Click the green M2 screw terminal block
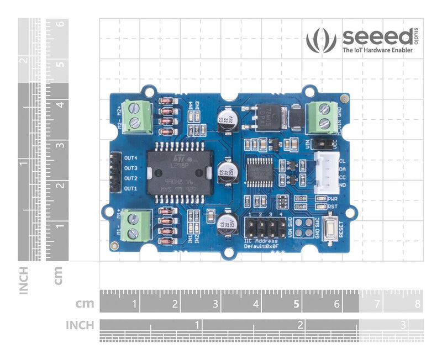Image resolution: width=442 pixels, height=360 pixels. [138, 117]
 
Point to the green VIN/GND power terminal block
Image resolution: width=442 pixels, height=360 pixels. [323, 117]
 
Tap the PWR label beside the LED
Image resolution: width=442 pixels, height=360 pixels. [333, 198]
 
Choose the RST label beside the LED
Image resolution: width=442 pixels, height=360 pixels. [333, 207]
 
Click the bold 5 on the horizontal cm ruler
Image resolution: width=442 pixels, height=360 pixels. [296, 304]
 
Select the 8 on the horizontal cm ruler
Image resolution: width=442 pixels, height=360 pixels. [418, 304]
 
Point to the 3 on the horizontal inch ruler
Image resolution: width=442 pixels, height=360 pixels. [404, 324]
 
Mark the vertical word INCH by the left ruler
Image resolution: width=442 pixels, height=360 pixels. [23, 280]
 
